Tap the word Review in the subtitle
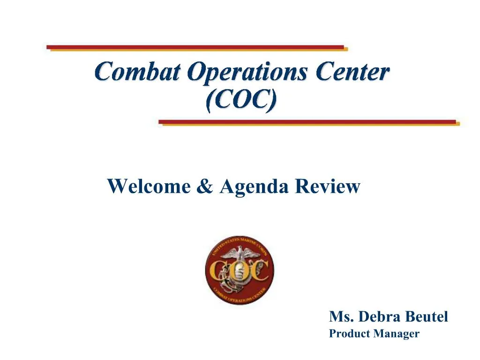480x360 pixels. (x=328, y=187)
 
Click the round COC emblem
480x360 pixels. (x=240, y=271)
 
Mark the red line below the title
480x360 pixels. (x=307, y=122)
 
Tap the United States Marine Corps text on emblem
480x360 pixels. (x=239, y=242)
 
